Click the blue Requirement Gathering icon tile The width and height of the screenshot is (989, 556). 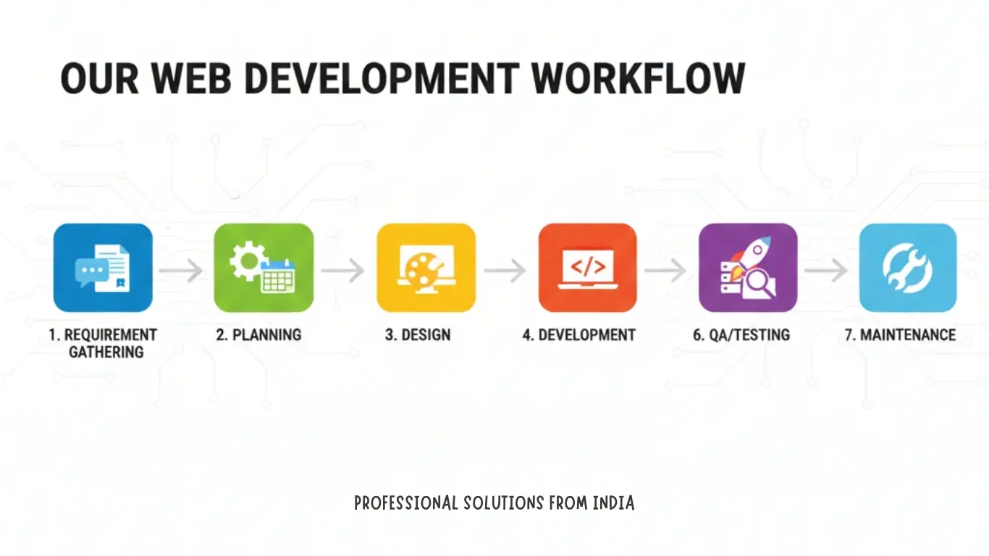(x=103, y=268)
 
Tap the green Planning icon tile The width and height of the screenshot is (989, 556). (x=264, y=268)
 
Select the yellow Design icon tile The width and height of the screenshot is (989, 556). (x=426, y=268)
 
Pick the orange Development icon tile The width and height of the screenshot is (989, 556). (x=587, y=268)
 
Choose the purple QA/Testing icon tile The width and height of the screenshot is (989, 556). (x=748, y=268)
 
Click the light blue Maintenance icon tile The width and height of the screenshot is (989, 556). (x=908, y=268)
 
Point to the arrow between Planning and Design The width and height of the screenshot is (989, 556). (x=343, y=271)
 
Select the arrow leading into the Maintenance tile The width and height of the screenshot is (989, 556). (x=826, y=271)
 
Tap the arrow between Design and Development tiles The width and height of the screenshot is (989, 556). (x=505, y=271)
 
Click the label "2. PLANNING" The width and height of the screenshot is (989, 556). (x=258, y=334)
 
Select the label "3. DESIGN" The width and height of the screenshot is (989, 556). (x=418, y=334)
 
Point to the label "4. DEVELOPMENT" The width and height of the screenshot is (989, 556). (x=578, y=334)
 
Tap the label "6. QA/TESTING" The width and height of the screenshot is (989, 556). (x=741, y=334)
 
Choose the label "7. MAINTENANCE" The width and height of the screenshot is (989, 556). (x=900, y=334)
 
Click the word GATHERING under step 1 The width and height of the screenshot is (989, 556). (x=106, y=353)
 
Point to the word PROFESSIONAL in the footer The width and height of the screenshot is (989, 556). (x=406, y=502)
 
